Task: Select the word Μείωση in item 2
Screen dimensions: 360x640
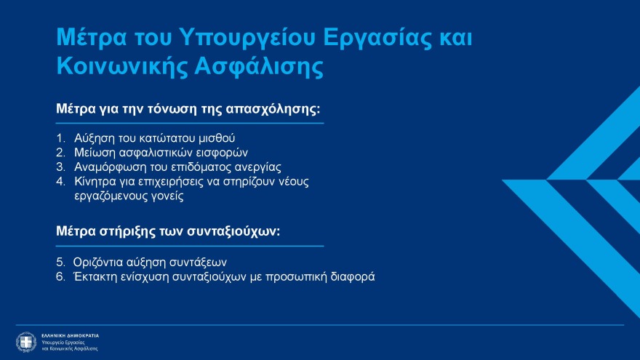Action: pos(92,152)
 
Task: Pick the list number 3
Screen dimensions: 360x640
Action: pos(60,167)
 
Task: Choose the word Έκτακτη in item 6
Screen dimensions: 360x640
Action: pos(95,276)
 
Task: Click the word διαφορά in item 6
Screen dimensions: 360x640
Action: pos(352,276)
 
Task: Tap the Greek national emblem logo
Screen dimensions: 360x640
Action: pos(26,342)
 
